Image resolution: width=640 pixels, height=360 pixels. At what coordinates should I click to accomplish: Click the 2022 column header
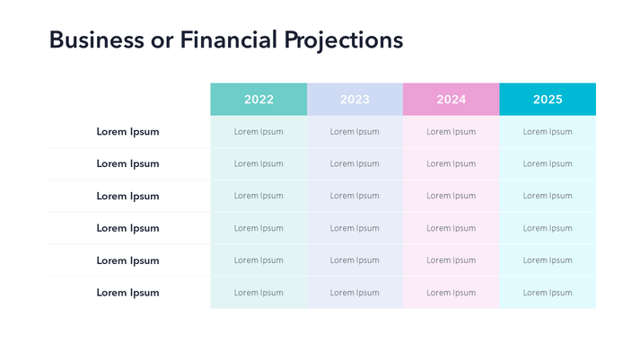click(259, 100)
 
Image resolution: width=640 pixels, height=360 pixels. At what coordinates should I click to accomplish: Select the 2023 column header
click(355, 100)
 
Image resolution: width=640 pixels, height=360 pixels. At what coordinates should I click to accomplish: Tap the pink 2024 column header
click(452, 100)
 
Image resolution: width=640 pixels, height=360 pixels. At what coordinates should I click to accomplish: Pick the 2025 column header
click(548, 100)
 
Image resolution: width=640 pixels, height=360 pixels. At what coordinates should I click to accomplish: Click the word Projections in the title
click(344, 41)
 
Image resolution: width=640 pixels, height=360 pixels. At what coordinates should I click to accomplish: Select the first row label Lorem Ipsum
click(127, 132)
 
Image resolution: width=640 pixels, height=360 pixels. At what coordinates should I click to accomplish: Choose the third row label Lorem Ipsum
click(127, 196)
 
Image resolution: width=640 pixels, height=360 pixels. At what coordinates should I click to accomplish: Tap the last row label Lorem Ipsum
click(127, 293)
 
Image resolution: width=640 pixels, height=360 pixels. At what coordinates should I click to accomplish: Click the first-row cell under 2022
click(259, 132)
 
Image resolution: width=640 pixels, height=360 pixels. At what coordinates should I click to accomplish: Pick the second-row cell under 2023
click(355, 164)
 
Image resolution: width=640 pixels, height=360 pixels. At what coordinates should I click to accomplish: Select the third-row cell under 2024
click(452, 196)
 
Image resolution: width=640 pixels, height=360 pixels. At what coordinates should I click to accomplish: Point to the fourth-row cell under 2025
click(548, 228)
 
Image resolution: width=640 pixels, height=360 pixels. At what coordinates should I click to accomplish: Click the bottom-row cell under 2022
click(259, 293)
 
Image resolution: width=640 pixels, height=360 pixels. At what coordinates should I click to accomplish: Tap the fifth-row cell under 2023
click(355, 260)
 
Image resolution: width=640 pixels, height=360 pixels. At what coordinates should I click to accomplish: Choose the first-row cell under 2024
click(452, 132)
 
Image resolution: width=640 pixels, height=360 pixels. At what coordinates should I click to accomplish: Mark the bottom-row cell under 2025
click(548, 293)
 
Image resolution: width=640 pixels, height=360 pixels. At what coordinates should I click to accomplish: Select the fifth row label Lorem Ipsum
click(127, 260)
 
